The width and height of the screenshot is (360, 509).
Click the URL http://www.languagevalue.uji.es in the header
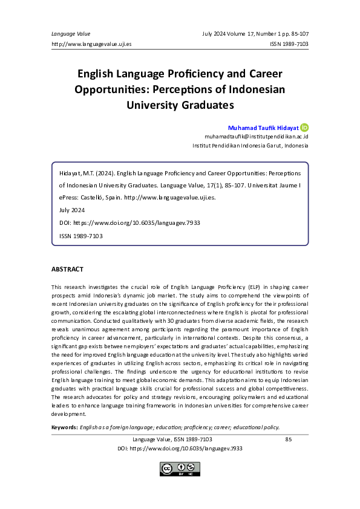pyautogui.click(x=91, y=44)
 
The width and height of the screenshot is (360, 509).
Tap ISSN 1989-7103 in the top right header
pyautogui.click(x=289, y=44)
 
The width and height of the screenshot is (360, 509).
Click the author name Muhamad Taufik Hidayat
pyautogui.click(x=263, y=128)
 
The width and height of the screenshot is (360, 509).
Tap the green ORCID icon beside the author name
pyautogui.click(x=305, y=128)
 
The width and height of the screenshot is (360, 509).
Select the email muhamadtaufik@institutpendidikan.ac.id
pyautogui.click(x=257, y=137)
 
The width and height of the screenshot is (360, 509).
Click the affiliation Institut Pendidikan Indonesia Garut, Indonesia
pyautogui.click(x=250, y=146)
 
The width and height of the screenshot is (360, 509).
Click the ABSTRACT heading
pyautogui.click(x=67, y=269)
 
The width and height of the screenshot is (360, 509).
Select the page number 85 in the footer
pyautogui.click(x=288, y=439)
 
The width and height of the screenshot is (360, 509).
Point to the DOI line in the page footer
pyautogui.click(x=180, y=449)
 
